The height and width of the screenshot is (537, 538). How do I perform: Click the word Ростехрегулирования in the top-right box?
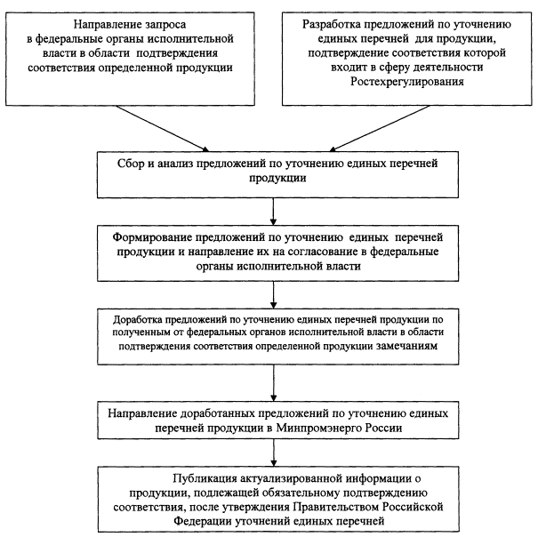pyautogui.click(x=407, y=82)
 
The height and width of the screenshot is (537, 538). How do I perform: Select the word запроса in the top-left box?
pyautogui.click(x=165, y=25)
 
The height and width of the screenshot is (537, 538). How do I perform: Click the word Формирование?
pyautogui.click(x=152, y=237)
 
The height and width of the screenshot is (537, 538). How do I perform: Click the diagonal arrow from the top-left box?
pyautogui.click(x=163, y=128)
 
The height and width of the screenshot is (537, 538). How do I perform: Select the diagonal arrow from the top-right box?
pyautogui.click(x=379, y=128)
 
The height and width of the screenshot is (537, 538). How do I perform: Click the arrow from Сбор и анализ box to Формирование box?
pyautogui.click(x=273, y=212)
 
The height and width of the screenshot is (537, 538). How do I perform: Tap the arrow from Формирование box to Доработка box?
pyautogui.click(x=274, y=295)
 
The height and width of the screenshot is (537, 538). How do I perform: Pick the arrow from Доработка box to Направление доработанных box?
pyautogui.click(x=274, y=382)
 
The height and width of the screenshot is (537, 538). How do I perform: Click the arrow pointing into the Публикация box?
pyautogui.click(x=274, y=453)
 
